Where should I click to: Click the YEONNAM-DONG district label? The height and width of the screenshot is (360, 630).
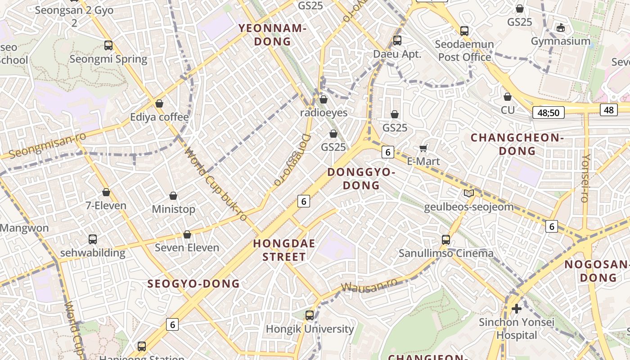(x=272, y=35)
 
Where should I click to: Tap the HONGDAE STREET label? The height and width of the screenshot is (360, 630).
(x=283, y=250)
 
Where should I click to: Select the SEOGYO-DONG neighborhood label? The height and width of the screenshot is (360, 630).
(x=193, y=283)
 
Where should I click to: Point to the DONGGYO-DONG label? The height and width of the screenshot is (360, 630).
(x=361, y=179)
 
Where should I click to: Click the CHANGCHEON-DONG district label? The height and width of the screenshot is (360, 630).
(x=517, y=144)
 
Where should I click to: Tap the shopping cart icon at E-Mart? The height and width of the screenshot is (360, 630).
(x=423, y=148)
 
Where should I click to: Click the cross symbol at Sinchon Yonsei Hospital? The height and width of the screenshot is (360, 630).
(x=517, y=309)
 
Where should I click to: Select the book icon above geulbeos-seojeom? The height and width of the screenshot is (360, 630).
(x=469, y=193)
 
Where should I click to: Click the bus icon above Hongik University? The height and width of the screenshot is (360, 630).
(x=310, y=315)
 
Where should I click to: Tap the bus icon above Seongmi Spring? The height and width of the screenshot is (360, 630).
(x=108, y=45)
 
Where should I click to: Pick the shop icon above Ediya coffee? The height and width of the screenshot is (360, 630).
(x=159, y=103)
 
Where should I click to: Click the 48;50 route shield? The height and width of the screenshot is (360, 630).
(x=548, y=112)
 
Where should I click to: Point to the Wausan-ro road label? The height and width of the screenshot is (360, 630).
(x=369, y=285)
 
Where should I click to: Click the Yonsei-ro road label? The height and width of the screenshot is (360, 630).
(x=585, y=178)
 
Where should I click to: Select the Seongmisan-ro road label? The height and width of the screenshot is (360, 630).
(x=47, y=145)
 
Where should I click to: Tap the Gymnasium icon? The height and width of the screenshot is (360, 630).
(x=560, y=28)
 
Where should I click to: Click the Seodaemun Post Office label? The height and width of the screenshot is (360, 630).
(x=464, y=51)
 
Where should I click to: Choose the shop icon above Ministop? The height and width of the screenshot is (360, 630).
(x=173, y=196)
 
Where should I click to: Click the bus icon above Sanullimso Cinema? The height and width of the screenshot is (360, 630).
(x=445, y=239)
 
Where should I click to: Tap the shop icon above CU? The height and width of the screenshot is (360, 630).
(x=508, y=97)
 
